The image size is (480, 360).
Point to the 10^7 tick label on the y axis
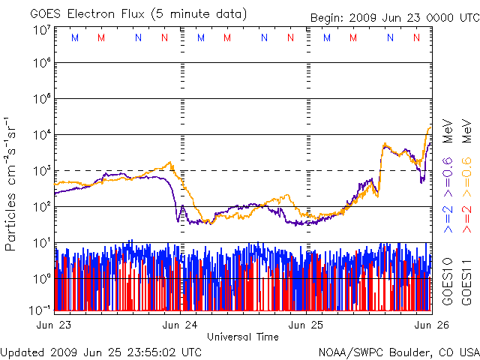pos(41,31)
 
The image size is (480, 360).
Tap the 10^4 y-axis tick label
pos(41,135)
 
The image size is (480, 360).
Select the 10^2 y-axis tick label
pos(41,207)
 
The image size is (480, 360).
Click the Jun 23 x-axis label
pos(53,325)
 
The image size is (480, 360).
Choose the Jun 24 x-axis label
pos(180,325)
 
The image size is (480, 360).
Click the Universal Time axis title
pos(242,337)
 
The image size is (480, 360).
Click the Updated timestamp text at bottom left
pos(102,351)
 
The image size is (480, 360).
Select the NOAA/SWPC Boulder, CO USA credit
pos(398,351)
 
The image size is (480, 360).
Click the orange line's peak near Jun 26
pos(430,127)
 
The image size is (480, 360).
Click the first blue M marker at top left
pos(73,37)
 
